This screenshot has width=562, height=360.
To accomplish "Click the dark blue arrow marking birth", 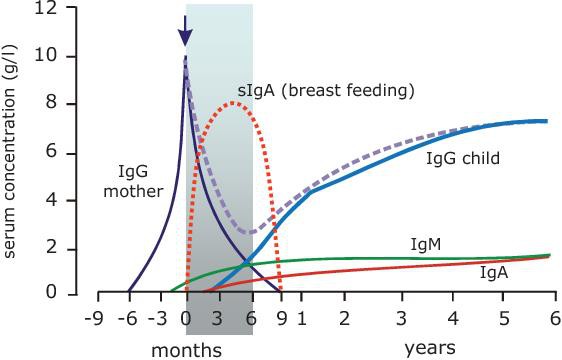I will (185, 33).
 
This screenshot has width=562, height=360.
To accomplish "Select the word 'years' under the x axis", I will (431, 348).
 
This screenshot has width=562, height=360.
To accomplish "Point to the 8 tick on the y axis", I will (62, 104).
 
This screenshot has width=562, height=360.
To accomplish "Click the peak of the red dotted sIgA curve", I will (233, 102).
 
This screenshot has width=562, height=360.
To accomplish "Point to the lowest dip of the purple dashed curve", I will (252, 232).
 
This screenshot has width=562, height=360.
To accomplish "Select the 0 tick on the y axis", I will (62, 294).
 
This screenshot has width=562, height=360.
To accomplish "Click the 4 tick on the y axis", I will (62, 199).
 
